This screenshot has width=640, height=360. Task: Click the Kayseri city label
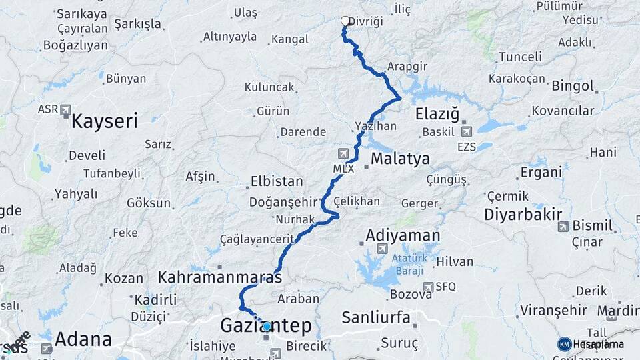(105, 121)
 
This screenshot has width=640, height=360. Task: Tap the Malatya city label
(400, 159)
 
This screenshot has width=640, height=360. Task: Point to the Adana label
(83, 339)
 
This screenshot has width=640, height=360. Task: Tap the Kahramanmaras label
(220, 277)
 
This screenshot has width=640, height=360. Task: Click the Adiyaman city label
(403, 235)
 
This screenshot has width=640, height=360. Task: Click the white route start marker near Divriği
(345, 21)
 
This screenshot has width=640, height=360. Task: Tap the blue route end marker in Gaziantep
(267, 327)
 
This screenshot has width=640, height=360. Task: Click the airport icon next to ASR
(65, 109)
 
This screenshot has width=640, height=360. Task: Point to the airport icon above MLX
(343, 153)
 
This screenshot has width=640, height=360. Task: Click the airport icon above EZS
(465, 132)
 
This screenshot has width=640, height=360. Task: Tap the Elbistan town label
(277, 181)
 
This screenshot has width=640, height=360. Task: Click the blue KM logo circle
(564, 344)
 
